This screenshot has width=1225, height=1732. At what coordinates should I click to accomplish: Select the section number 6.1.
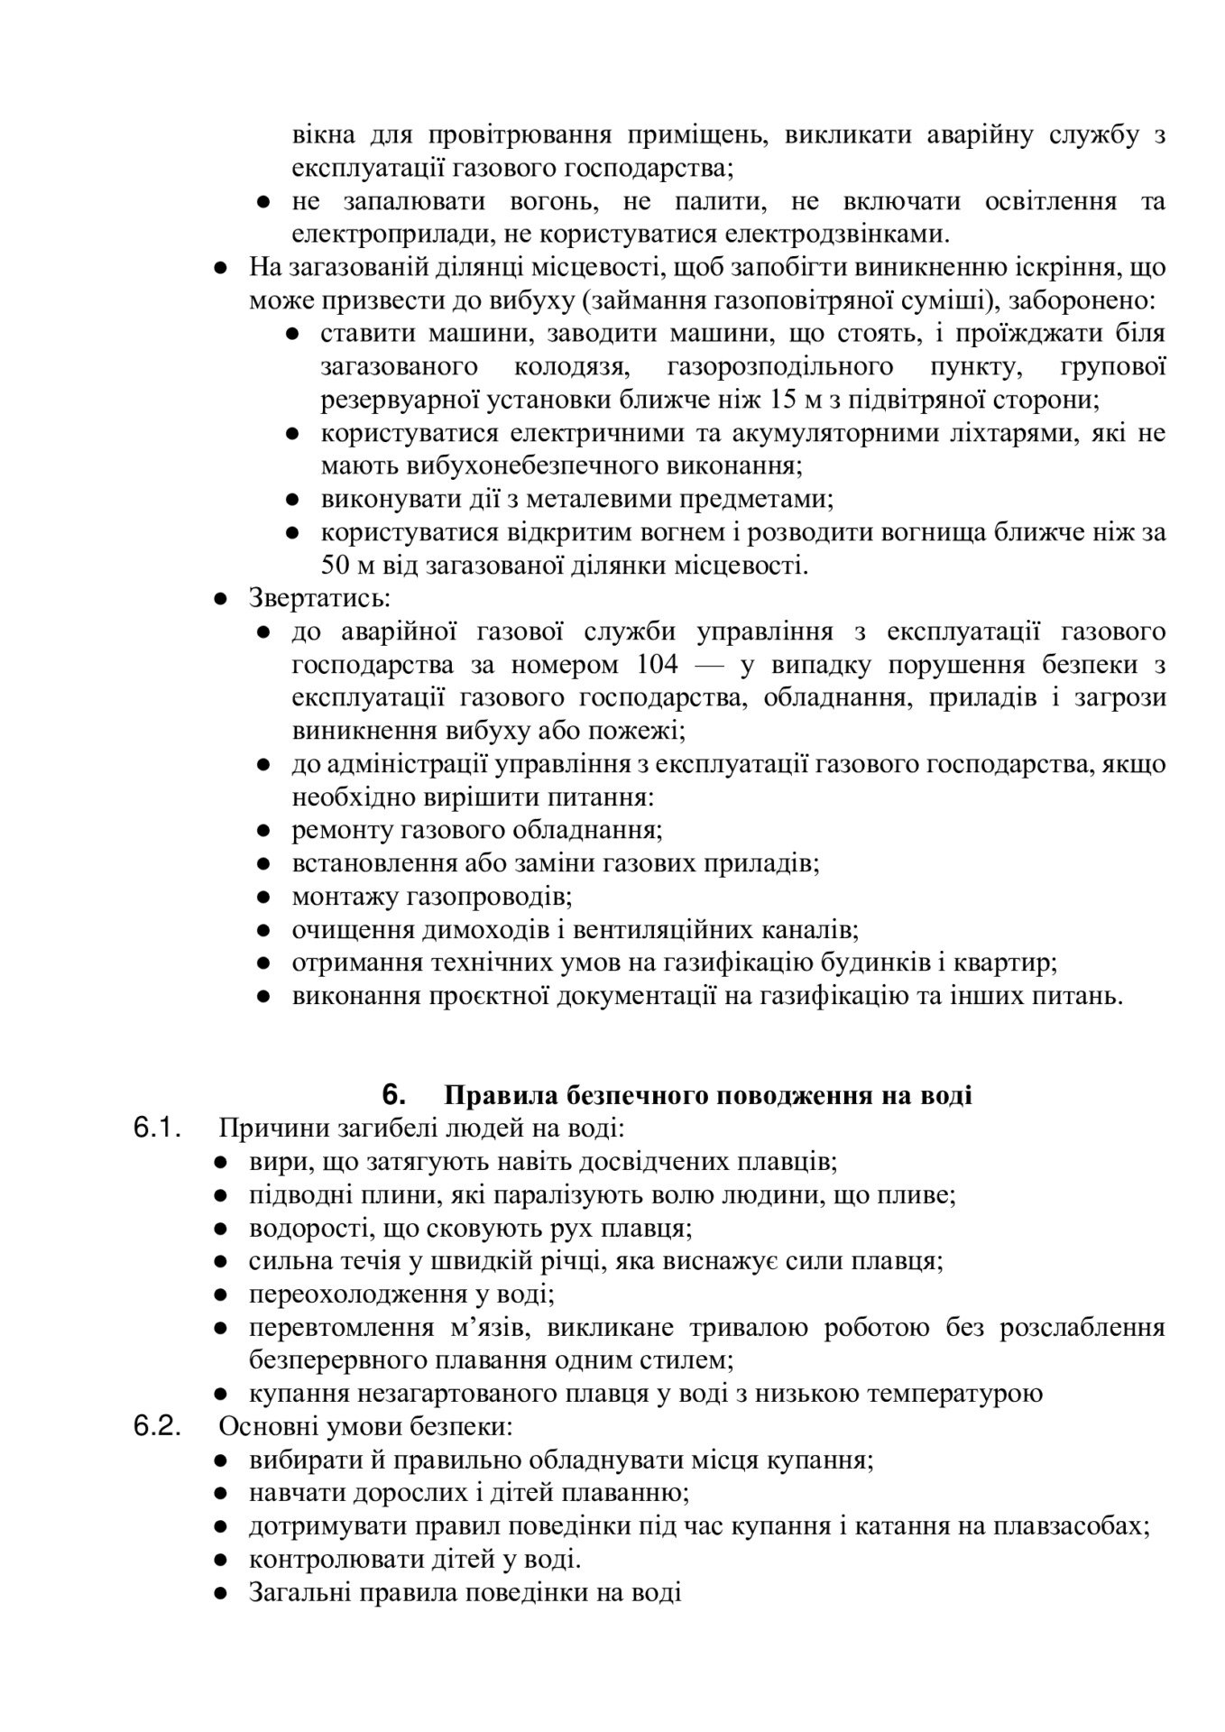click(158, 1129)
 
